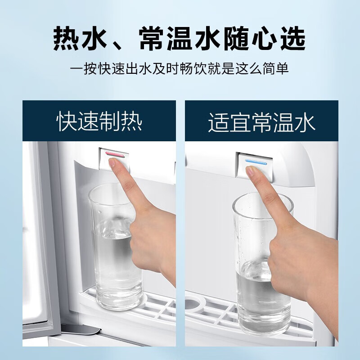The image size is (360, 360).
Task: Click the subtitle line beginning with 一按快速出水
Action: pos(180,69)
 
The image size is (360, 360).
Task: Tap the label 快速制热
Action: pos(99,122)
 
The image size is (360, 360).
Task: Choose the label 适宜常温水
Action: pos(261,122)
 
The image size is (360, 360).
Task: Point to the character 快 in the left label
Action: pos(67,122)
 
